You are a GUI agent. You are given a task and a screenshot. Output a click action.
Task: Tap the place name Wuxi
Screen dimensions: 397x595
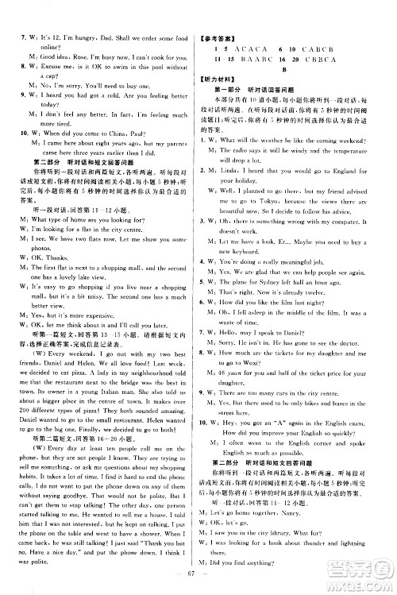tap(261, 362)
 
